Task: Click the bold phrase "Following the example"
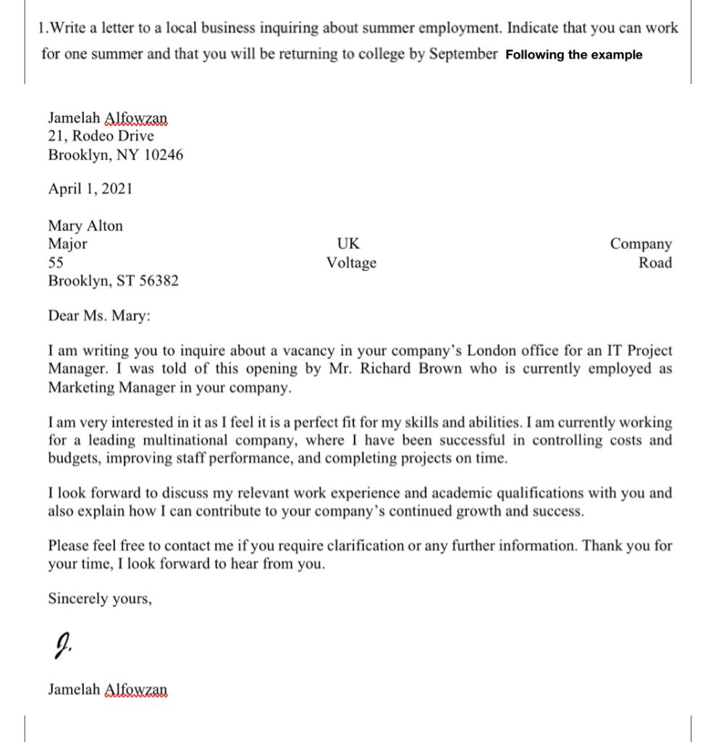coord(573,55)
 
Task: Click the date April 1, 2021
coord(90,189)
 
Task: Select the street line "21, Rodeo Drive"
coord(101,136)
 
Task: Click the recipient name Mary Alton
coord(85,225)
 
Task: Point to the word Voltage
coord(351,263)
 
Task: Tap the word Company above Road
coord(641,243)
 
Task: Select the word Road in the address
coord(654,262)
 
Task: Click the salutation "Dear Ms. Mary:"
coord(100,316)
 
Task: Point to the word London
coord(492,351)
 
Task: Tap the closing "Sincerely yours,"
coord(100,599)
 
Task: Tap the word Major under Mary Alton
coord(67,243)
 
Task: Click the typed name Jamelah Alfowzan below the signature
coord(107,689)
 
